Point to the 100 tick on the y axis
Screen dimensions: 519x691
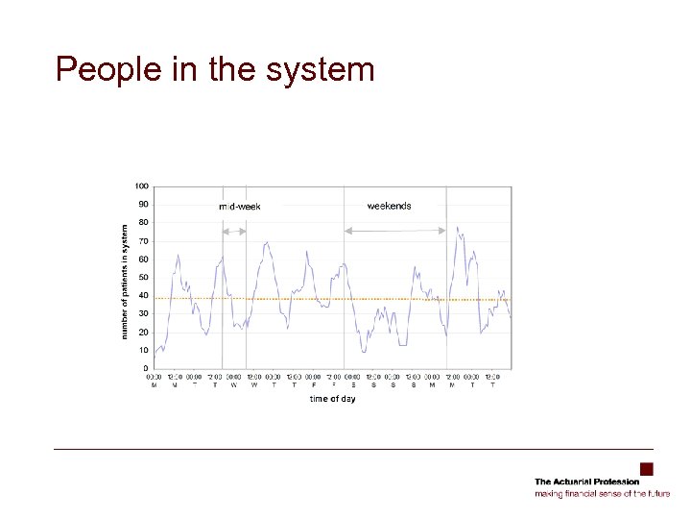click(141, 186)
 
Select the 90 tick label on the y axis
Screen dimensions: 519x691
click(142, 204)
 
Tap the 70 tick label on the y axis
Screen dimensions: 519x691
click(142, 240)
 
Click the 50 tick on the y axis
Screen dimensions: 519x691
click(142, 277)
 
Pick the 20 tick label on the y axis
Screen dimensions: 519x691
click(142, 332)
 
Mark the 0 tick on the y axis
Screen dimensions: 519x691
click(145, 368)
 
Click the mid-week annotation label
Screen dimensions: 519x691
click(239, 207)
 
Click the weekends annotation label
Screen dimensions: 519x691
click(389, 206)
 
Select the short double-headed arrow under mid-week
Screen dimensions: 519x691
click(234, 231)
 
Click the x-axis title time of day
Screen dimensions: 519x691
click(332, 399)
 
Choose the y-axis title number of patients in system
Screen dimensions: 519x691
click(124, 282)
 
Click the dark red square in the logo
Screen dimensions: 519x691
click(646, 469)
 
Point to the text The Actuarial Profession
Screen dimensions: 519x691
click(586, 482)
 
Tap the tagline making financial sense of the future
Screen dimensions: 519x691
click(602, 493)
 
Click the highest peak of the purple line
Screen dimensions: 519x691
click(457, 228)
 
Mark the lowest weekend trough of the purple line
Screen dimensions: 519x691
click(364, 352)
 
